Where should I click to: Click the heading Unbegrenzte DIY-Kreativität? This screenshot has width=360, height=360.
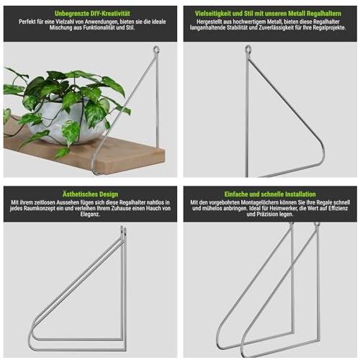[x=92, y=14]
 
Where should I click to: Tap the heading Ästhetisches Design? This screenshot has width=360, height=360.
[x=90, y=194]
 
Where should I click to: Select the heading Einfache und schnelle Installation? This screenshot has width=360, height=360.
[x=270, y=194]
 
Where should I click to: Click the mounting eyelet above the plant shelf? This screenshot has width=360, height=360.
[x=156, y=50]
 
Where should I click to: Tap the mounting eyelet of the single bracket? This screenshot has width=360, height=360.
[x=248, y=50]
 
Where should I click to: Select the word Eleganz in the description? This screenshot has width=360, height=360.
[x=90, y=215]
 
